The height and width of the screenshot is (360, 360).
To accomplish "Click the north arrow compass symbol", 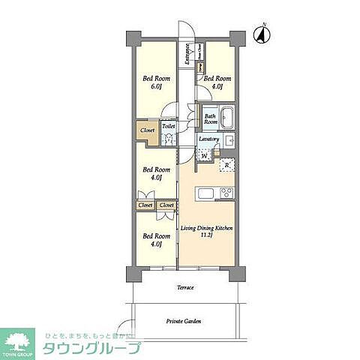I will (263, 34).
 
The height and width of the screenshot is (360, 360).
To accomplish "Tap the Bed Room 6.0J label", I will (157, 83).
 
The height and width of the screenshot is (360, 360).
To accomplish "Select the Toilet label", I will (168, 127).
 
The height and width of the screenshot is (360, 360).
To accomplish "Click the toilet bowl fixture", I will (168, 139).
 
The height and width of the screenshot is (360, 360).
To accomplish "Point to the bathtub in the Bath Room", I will (228, 118).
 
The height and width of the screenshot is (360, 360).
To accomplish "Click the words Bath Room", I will (211, 118).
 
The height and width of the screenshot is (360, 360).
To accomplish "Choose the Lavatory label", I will (209, 139).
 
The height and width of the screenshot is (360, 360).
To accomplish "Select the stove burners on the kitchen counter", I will (228, 194).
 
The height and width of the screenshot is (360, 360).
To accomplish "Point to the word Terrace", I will (185, 288).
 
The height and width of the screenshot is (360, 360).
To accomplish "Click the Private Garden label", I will (184, 321).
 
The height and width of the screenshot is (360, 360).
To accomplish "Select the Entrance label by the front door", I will (187, 55).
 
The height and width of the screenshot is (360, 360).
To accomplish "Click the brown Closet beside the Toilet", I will (146, 129).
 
